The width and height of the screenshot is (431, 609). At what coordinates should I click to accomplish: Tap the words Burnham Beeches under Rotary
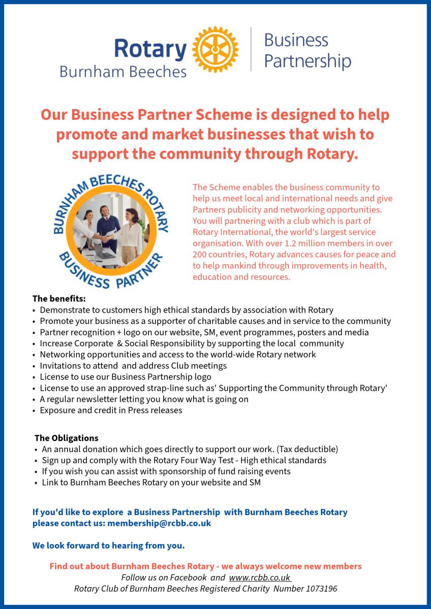click(x=123, y=72)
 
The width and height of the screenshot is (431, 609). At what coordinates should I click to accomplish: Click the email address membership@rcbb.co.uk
click(x=159, y=523)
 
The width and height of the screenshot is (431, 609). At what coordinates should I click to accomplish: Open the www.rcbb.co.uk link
click(x=260, y=578)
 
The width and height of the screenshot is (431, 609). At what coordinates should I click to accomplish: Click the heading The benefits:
click(x=59, y=298)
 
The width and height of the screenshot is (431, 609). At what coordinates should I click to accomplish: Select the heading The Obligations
click(x=67, y=438)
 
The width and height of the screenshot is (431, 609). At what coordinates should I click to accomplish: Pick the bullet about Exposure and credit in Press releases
click(x=111, y=410)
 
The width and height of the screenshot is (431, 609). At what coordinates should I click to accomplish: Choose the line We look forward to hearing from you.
click(x=108, y=546)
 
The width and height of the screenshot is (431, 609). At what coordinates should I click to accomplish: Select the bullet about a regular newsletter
click(x=144, y=399)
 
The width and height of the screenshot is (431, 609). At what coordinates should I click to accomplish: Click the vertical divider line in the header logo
click(x=251, y=50)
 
